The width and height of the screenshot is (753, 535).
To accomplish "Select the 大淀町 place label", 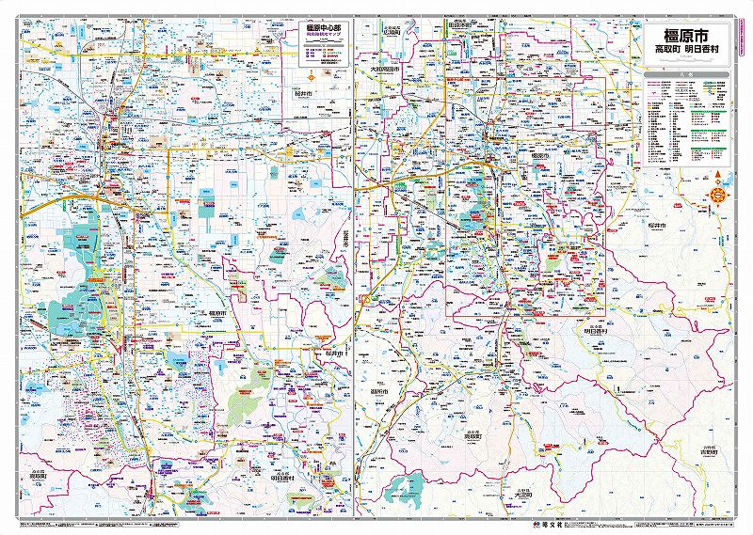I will (x=526, y=492).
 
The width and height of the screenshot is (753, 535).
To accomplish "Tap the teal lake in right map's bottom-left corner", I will (x=409, y=487).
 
